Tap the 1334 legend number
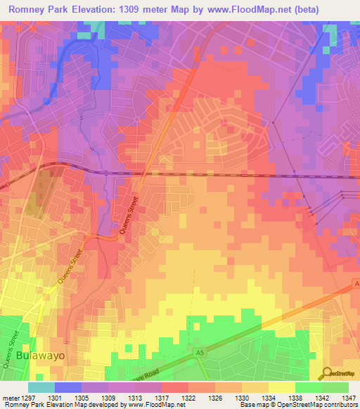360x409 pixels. [x=257, y=398]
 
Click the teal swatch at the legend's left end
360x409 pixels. [x=41, y=387]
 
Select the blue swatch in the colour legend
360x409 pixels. [x=68, y=387]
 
